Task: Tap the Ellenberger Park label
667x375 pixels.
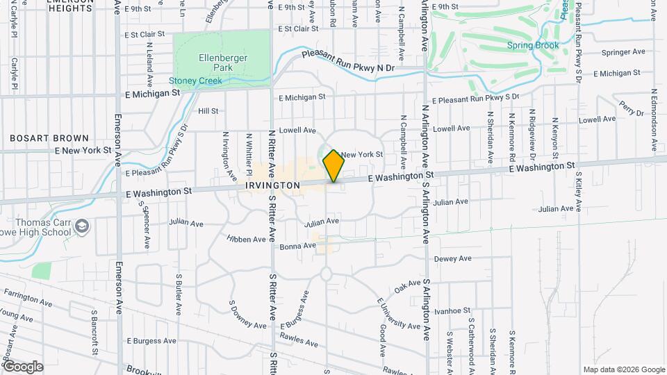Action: point(213,62)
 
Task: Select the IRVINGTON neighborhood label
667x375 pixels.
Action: point(272,185)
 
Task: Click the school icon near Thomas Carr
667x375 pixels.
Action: point(83,227)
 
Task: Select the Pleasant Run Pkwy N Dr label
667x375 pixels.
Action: point(347,61)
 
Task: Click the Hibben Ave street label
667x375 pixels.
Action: point(246,239)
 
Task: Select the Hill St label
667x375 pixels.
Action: point(208,110)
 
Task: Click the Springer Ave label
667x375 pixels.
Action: point(623,51)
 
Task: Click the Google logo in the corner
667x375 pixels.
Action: point(22,367)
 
